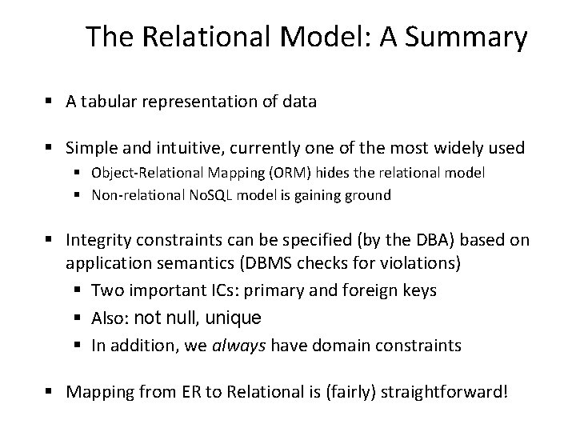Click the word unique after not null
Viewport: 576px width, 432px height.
pos(234,318)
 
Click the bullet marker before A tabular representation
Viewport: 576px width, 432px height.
pos(50,102)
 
